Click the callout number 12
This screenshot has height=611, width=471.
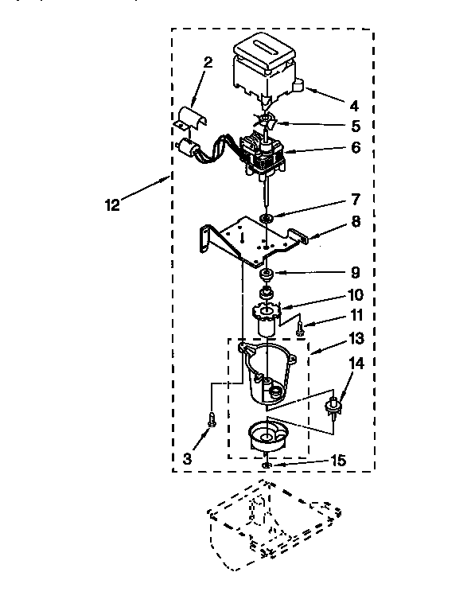click(x=112, y=205)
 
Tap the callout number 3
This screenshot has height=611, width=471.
click(x=187, y=459)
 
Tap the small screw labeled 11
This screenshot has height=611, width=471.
click(x=300, y=326)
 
